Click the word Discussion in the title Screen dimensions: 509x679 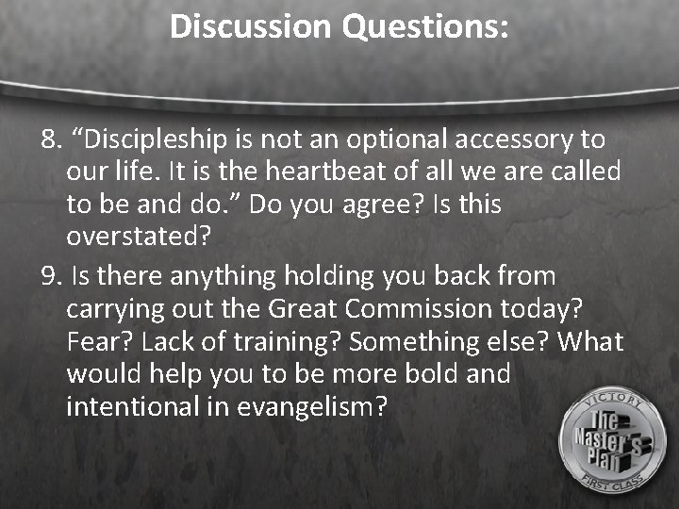[251, 26]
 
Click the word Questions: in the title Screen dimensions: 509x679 [425, 26]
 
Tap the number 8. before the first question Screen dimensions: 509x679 [51, 140]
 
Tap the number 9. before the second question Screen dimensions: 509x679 [51, 277]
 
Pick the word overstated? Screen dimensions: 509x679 [139, 237]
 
